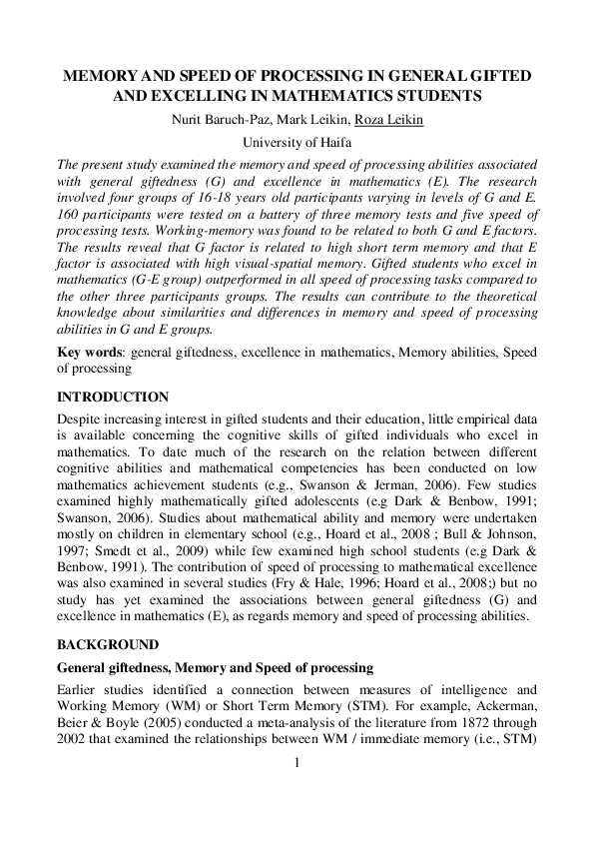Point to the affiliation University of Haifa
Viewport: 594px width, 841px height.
click(x=297, y=144)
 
